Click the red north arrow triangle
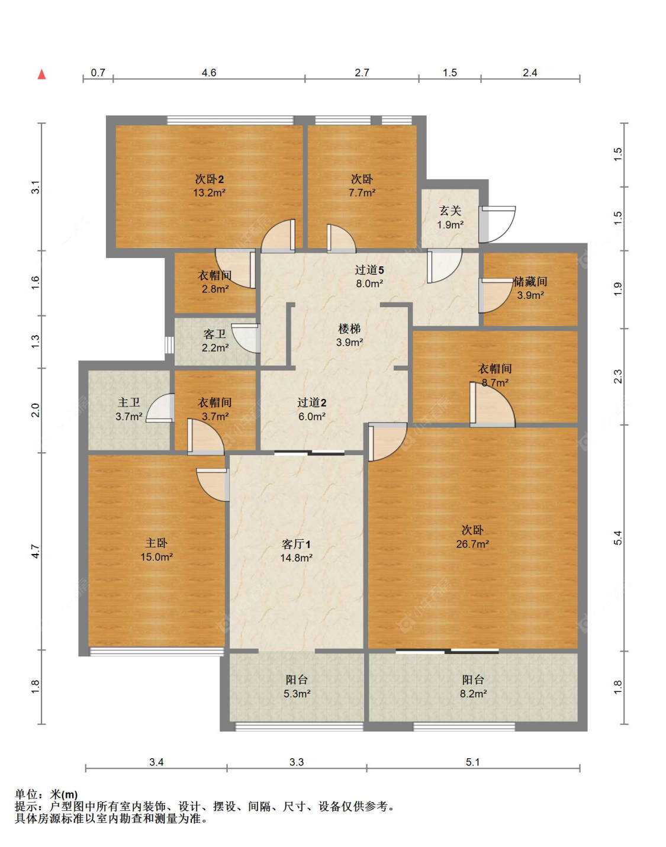(41, 75)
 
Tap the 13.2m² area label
(209, 193)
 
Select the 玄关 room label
(451, 211)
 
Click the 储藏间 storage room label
(530, 281)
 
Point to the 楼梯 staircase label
(349, 329)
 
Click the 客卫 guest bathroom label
(215, 334)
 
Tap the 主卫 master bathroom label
(128, 402)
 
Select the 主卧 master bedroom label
(156, 543)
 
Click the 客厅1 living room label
(296, 545)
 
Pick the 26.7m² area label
(472, 545)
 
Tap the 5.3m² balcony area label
(297, 694)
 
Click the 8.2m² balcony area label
(473, 694)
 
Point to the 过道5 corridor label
(369, 270)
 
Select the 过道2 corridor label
(312, 402)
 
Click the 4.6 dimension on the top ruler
(209, 73)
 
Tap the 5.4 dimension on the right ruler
(618, 537)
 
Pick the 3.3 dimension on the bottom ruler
(297, 762)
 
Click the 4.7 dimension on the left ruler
(36, 551)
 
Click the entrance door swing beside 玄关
(497, 224)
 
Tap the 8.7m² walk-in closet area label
(495, 382)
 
